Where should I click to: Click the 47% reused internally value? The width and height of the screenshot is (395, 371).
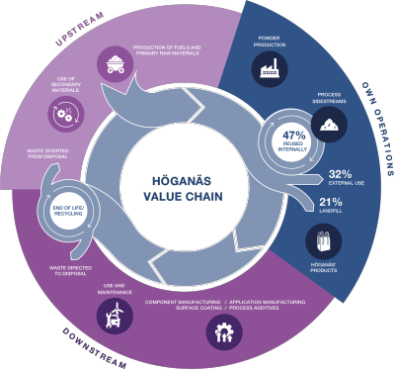pyautogui.click(x=292, y=138)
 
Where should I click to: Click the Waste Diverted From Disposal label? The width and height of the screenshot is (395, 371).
pyautogui.click(x=45, y=154)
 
